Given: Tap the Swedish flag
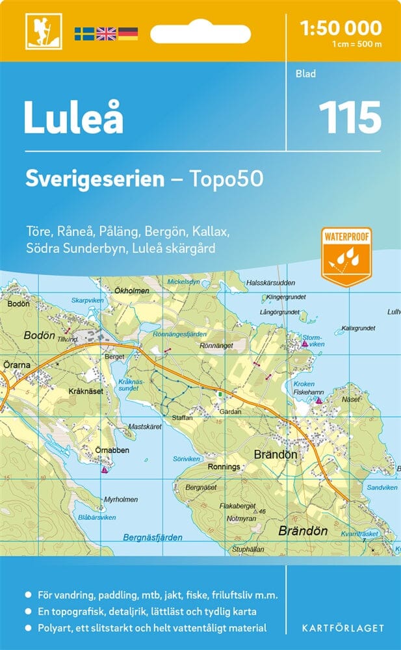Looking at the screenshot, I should coord(84,33).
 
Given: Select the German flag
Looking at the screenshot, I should coord(127,33).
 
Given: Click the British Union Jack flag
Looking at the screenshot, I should coord(105,33).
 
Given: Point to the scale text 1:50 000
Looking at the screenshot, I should coord(341,28).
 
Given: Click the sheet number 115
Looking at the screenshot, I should coord(349,118).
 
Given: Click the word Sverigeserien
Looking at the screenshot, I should coord(95,179).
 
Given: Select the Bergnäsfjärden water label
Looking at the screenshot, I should coord(152,538).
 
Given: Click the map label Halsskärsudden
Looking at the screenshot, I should coord(271,283).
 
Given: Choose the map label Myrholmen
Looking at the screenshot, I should coord(120,499).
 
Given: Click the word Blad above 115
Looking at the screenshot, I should coord(305,74).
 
